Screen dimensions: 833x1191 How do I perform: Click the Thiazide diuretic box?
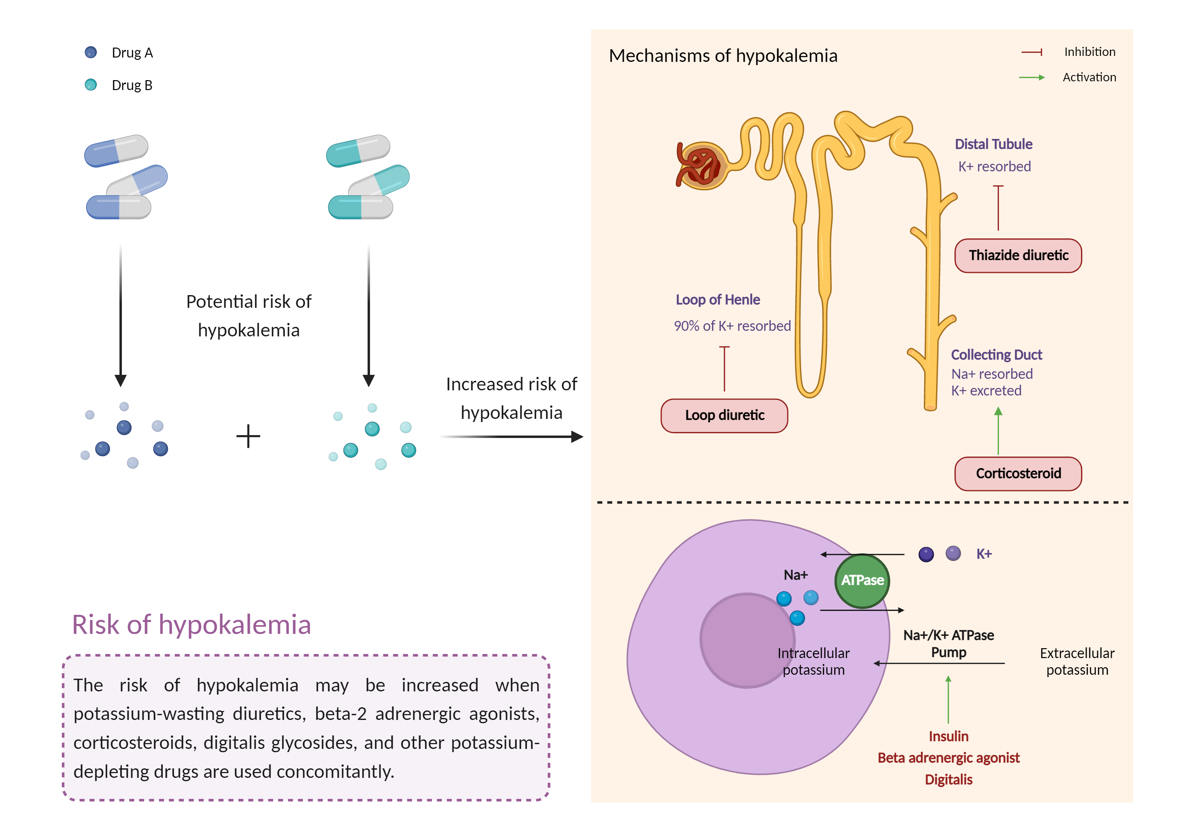1018,255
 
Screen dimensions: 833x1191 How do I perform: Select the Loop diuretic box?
724,415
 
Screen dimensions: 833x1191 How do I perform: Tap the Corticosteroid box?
1018,473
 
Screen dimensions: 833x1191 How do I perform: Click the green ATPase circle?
862,581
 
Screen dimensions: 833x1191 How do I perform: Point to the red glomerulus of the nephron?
700,165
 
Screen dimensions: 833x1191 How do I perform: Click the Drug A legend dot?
91,52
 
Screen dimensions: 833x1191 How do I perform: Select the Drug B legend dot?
91,84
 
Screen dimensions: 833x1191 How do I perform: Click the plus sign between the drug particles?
248,436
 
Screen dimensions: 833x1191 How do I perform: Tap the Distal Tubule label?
993,144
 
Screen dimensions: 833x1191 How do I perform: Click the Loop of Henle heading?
717,299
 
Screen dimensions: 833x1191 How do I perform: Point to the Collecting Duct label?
996,355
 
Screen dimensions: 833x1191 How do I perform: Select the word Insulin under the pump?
948,736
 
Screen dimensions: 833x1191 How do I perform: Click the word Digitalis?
948,779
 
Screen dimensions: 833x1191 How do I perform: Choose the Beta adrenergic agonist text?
948,758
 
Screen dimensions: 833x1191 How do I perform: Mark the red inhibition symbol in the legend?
1032,52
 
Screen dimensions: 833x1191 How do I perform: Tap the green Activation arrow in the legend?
1032,78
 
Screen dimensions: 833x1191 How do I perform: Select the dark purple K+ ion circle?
926,555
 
